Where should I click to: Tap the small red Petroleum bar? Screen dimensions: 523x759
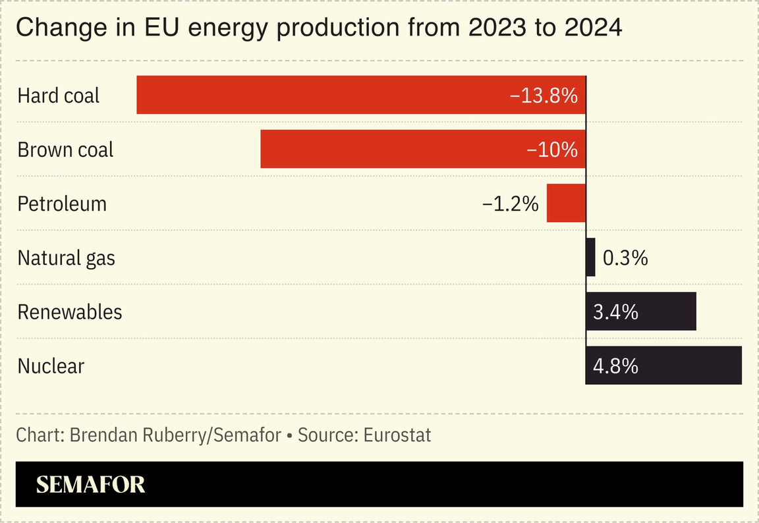(566, 203)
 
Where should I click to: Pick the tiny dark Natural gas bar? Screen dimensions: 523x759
(590, 257)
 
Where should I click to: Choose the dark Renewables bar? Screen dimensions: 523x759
(665, 311)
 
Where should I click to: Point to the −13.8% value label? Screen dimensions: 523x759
(544, 96)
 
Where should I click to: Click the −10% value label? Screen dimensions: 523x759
(552, 150)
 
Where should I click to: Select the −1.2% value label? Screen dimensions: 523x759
(510, 204)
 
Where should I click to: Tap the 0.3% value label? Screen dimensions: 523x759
(625, 258)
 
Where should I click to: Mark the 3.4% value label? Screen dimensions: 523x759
(615, 312)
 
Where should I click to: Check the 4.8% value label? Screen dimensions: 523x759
(615, 366)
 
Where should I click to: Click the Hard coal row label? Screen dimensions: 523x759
(58, 96)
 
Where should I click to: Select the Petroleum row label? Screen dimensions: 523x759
(62, 204)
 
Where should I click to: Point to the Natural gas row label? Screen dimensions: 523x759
(66, 258)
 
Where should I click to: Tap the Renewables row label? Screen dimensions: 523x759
(70, 312)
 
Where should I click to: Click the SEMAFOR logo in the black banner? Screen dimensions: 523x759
(90, 485)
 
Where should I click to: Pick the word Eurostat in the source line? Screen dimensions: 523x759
(397, 435)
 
